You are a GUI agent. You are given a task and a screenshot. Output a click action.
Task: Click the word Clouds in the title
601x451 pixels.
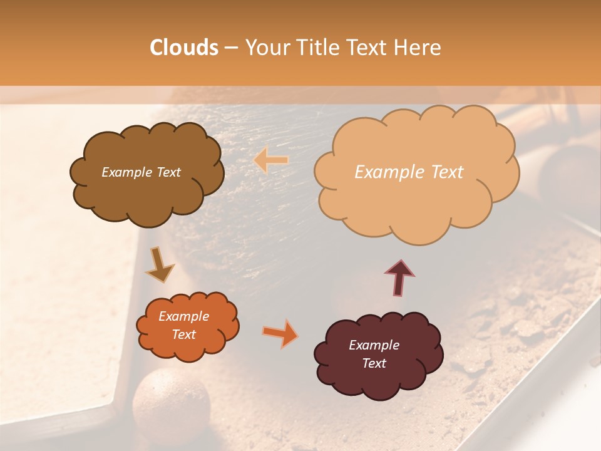coord(184,48)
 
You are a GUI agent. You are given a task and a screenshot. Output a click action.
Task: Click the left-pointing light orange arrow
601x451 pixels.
coord(271,160)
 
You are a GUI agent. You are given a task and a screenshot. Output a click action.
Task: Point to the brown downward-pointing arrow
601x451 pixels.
coord(160,264)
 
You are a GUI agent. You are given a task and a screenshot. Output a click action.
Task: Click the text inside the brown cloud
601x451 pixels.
coord(141,172)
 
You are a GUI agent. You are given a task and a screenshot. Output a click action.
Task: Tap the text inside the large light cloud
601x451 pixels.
coord(409,172)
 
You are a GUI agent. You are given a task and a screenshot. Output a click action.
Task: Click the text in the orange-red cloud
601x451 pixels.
coord(183,325)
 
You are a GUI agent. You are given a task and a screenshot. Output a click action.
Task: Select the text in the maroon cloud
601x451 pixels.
coord(374,354)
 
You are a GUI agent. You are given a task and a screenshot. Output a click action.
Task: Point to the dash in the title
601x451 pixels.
coord(231,48)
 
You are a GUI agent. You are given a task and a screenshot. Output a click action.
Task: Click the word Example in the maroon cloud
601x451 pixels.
coord(374,345)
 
